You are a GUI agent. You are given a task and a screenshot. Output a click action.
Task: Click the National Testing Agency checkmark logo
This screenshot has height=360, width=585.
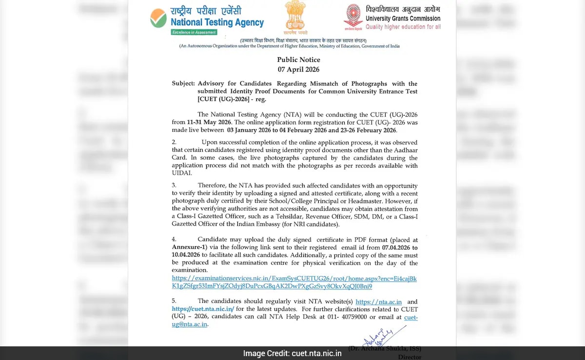click(158, 18)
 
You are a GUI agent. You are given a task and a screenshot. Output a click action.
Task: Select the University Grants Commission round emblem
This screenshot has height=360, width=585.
click(353, 16)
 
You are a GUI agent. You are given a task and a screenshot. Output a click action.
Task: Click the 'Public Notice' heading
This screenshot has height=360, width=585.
click(298, 60)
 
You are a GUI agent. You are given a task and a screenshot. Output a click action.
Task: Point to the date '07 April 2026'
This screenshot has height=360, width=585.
click(298, 69)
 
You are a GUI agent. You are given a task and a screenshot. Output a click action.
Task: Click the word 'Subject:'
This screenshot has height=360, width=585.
click(183, 84)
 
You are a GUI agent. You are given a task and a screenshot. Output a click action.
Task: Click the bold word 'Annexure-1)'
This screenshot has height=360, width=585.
click(188, 247)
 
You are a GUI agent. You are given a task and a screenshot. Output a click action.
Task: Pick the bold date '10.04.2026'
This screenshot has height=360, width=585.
click(187, 255)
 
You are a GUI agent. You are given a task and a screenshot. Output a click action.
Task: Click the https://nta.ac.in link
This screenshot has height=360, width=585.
click(378, 302)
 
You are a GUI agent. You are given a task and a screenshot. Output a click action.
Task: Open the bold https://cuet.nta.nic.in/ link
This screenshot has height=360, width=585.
click(203, 309)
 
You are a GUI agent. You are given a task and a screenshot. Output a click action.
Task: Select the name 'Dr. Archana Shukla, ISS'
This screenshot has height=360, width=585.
click(385, 348)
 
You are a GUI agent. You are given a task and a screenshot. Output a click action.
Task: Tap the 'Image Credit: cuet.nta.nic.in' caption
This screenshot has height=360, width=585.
click(292, 353)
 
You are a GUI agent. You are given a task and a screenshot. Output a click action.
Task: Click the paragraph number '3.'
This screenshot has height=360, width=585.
click(174, 185)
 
